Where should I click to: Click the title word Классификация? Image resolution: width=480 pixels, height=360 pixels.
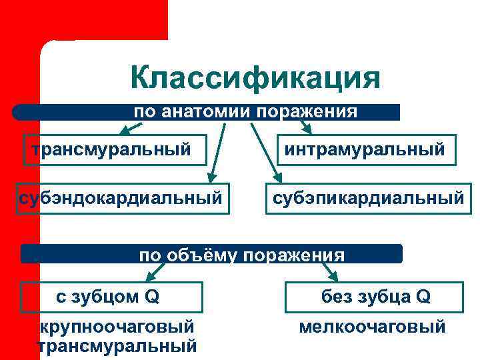[255, 78]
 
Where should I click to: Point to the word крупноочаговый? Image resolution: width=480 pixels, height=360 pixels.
[117, 327]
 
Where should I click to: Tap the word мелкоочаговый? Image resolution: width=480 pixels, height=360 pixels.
[372, 327]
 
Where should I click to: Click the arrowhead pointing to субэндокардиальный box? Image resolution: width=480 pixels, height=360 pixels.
[211, 177]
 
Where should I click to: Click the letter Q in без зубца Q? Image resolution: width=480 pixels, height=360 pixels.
[423, 297]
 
